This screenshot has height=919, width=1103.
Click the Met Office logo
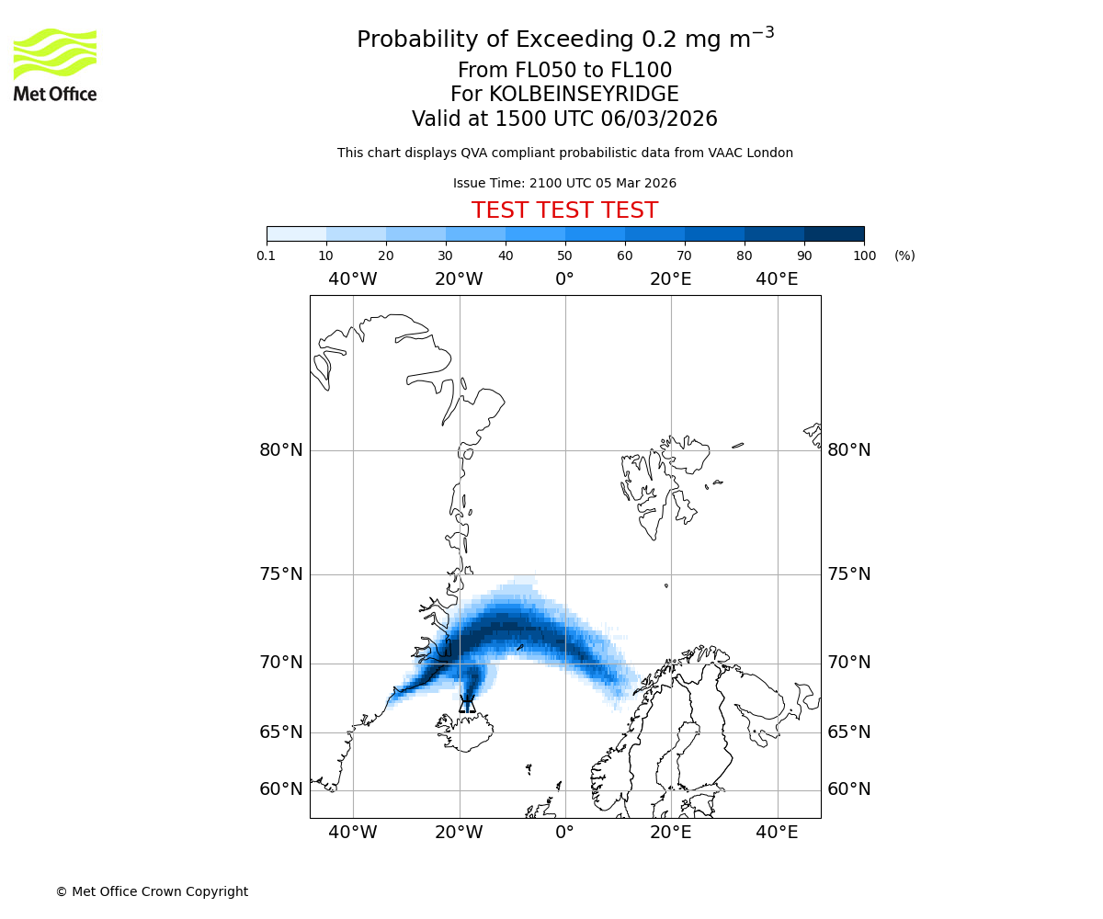pos(55,64)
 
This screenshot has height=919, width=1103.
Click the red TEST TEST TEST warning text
pos(564,211)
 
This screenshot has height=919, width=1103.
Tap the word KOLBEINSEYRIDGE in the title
pos(584,95)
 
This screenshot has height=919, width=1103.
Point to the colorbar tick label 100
pos(864,255)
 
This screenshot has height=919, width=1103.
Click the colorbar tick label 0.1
pos(267,255)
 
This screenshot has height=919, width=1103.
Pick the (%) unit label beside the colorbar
pos(904,255)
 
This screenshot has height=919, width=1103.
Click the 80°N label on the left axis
pos(280,450)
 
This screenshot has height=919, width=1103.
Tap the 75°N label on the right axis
pos(849,574)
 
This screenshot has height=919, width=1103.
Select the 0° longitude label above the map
pos(564,279)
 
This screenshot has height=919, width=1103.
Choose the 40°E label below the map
pos(777,833)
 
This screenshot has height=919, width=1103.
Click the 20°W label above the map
pos(459,279)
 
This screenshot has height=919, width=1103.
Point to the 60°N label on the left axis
pos(280,789)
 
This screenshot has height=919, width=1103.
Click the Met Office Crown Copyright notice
pos(152,891)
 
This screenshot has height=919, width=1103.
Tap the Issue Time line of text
pos(564,184)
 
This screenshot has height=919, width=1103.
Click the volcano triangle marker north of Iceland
pos(467,705)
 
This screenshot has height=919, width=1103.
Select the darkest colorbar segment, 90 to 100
pos(834,233)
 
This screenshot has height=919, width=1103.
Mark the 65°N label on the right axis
pos(849,732)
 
